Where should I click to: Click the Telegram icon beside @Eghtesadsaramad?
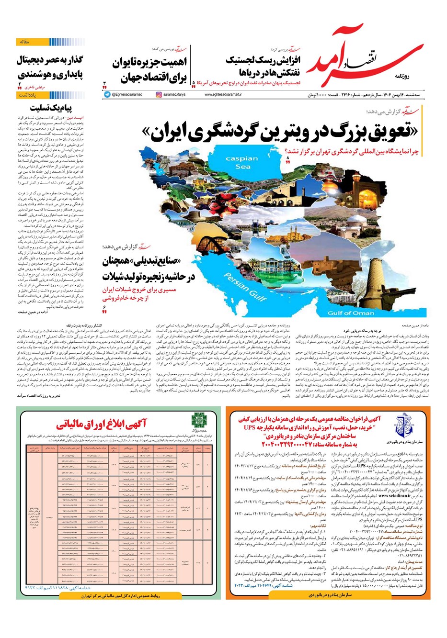(x=107, y=95)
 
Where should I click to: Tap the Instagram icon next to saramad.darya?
(x=159, y=95)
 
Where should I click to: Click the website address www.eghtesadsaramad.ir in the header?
(x=223, y=95)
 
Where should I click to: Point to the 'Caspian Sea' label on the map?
(x=241, y=162)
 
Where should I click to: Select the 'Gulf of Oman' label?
(x=351, y=313)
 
